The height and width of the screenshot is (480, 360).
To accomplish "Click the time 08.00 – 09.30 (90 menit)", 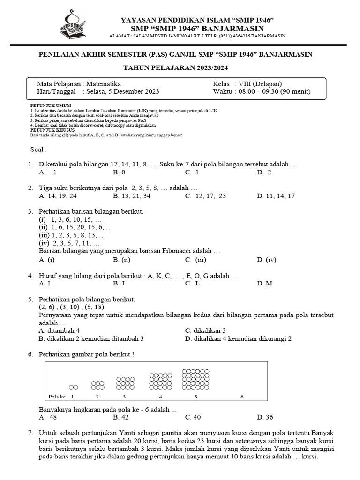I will [274, 91].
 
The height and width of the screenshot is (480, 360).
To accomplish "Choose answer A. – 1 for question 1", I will [48, 172].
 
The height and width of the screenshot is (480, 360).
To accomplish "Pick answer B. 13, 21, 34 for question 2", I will [132, 196].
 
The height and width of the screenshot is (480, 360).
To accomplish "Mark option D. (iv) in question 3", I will [267, 259].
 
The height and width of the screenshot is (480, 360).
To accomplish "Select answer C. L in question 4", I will [192, 283].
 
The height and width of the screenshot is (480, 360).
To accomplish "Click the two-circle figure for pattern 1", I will [73, 387].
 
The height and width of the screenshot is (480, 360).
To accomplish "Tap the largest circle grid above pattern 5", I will [195, 380].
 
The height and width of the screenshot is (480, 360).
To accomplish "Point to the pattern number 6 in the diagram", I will [242, 397].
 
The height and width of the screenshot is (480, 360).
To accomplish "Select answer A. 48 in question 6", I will [48, 417].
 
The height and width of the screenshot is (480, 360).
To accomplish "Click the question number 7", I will [30, 432].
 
